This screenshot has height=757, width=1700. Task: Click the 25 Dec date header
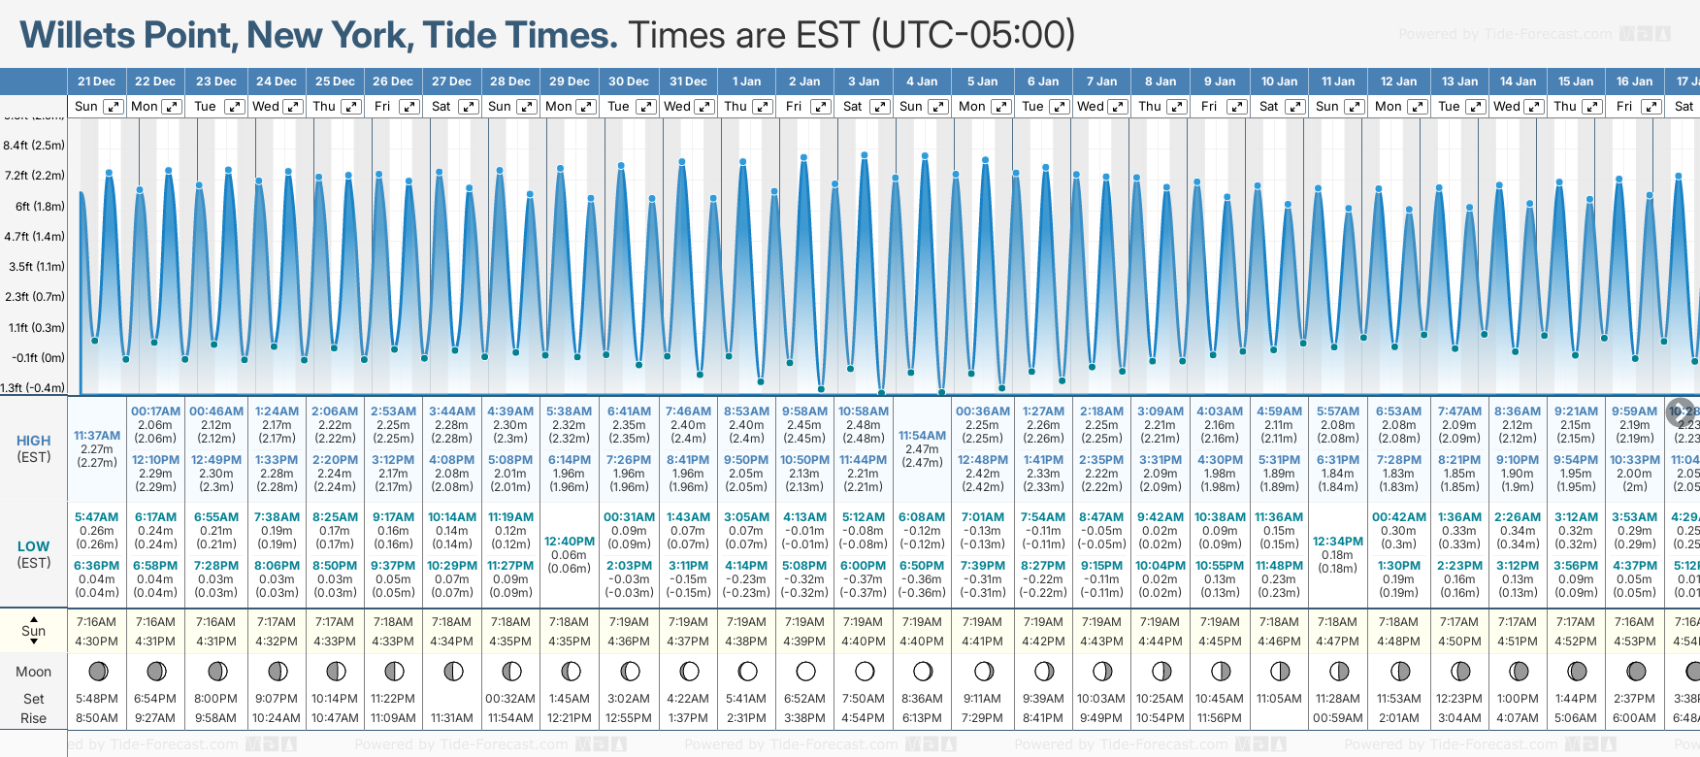[335, 82]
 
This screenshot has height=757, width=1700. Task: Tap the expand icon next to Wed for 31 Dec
[704, 107]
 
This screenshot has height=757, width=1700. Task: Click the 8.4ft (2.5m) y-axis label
[34, 146]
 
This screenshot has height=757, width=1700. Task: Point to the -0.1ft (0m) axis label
[36, 357]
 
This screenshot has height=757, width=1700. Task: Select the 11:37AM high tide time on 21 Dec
[97, 436]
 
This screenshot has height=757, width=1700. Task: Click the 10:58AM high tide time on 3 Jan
[863, 411]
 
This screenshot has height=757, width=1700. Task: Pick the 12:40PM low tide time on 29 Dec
[569, 542]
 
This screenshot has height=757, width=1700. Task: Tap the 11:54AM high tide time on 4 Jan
[922, 436]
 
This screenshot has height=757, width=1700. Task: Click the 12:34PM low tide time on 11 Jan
[1337, 542]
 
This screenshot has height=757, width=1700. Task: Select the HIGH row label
[34, 441]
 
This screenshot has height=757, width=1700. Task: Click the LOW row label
[34, 546]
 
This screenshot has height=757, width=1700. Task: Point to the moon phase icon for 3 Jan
[864, 671]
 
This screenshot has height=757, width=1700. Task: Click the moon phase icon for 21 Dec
[97, 671]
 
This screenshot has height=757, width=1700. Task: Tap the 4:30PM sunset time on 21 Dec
[96, 642]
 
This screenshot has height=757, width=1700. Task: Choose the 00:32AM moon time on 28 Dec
[510, 699]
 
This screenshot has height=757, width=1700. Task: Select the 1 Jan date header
[746, 82]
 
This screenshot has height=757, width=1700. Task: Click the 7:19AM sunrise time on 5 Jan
[982, 622]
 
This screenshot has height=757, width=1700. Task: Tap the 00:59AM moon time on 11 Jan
[1337, 718]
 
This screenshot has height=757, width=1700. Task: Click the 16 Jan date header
[1634, 82]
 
